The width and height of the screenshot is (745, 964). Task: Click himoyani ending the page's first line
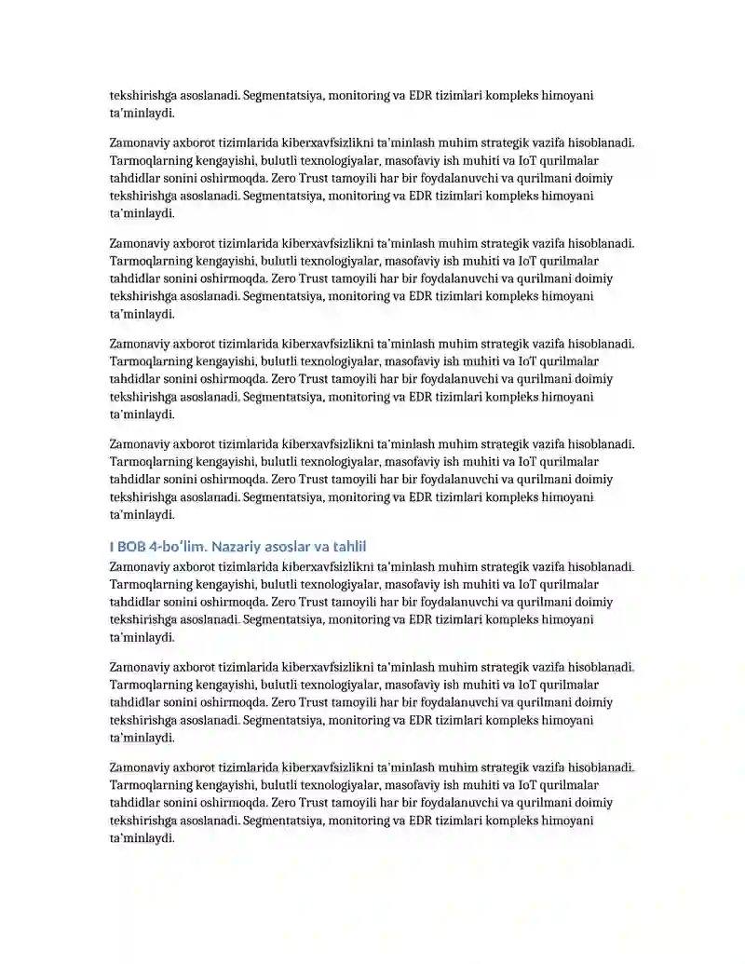[x=567, y=95]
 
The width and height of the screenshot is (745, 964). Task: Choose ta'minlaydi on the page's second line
[x=142, y=113]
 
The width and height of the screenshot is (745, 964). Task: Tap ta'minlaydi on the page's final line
[x=142, y=838]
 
